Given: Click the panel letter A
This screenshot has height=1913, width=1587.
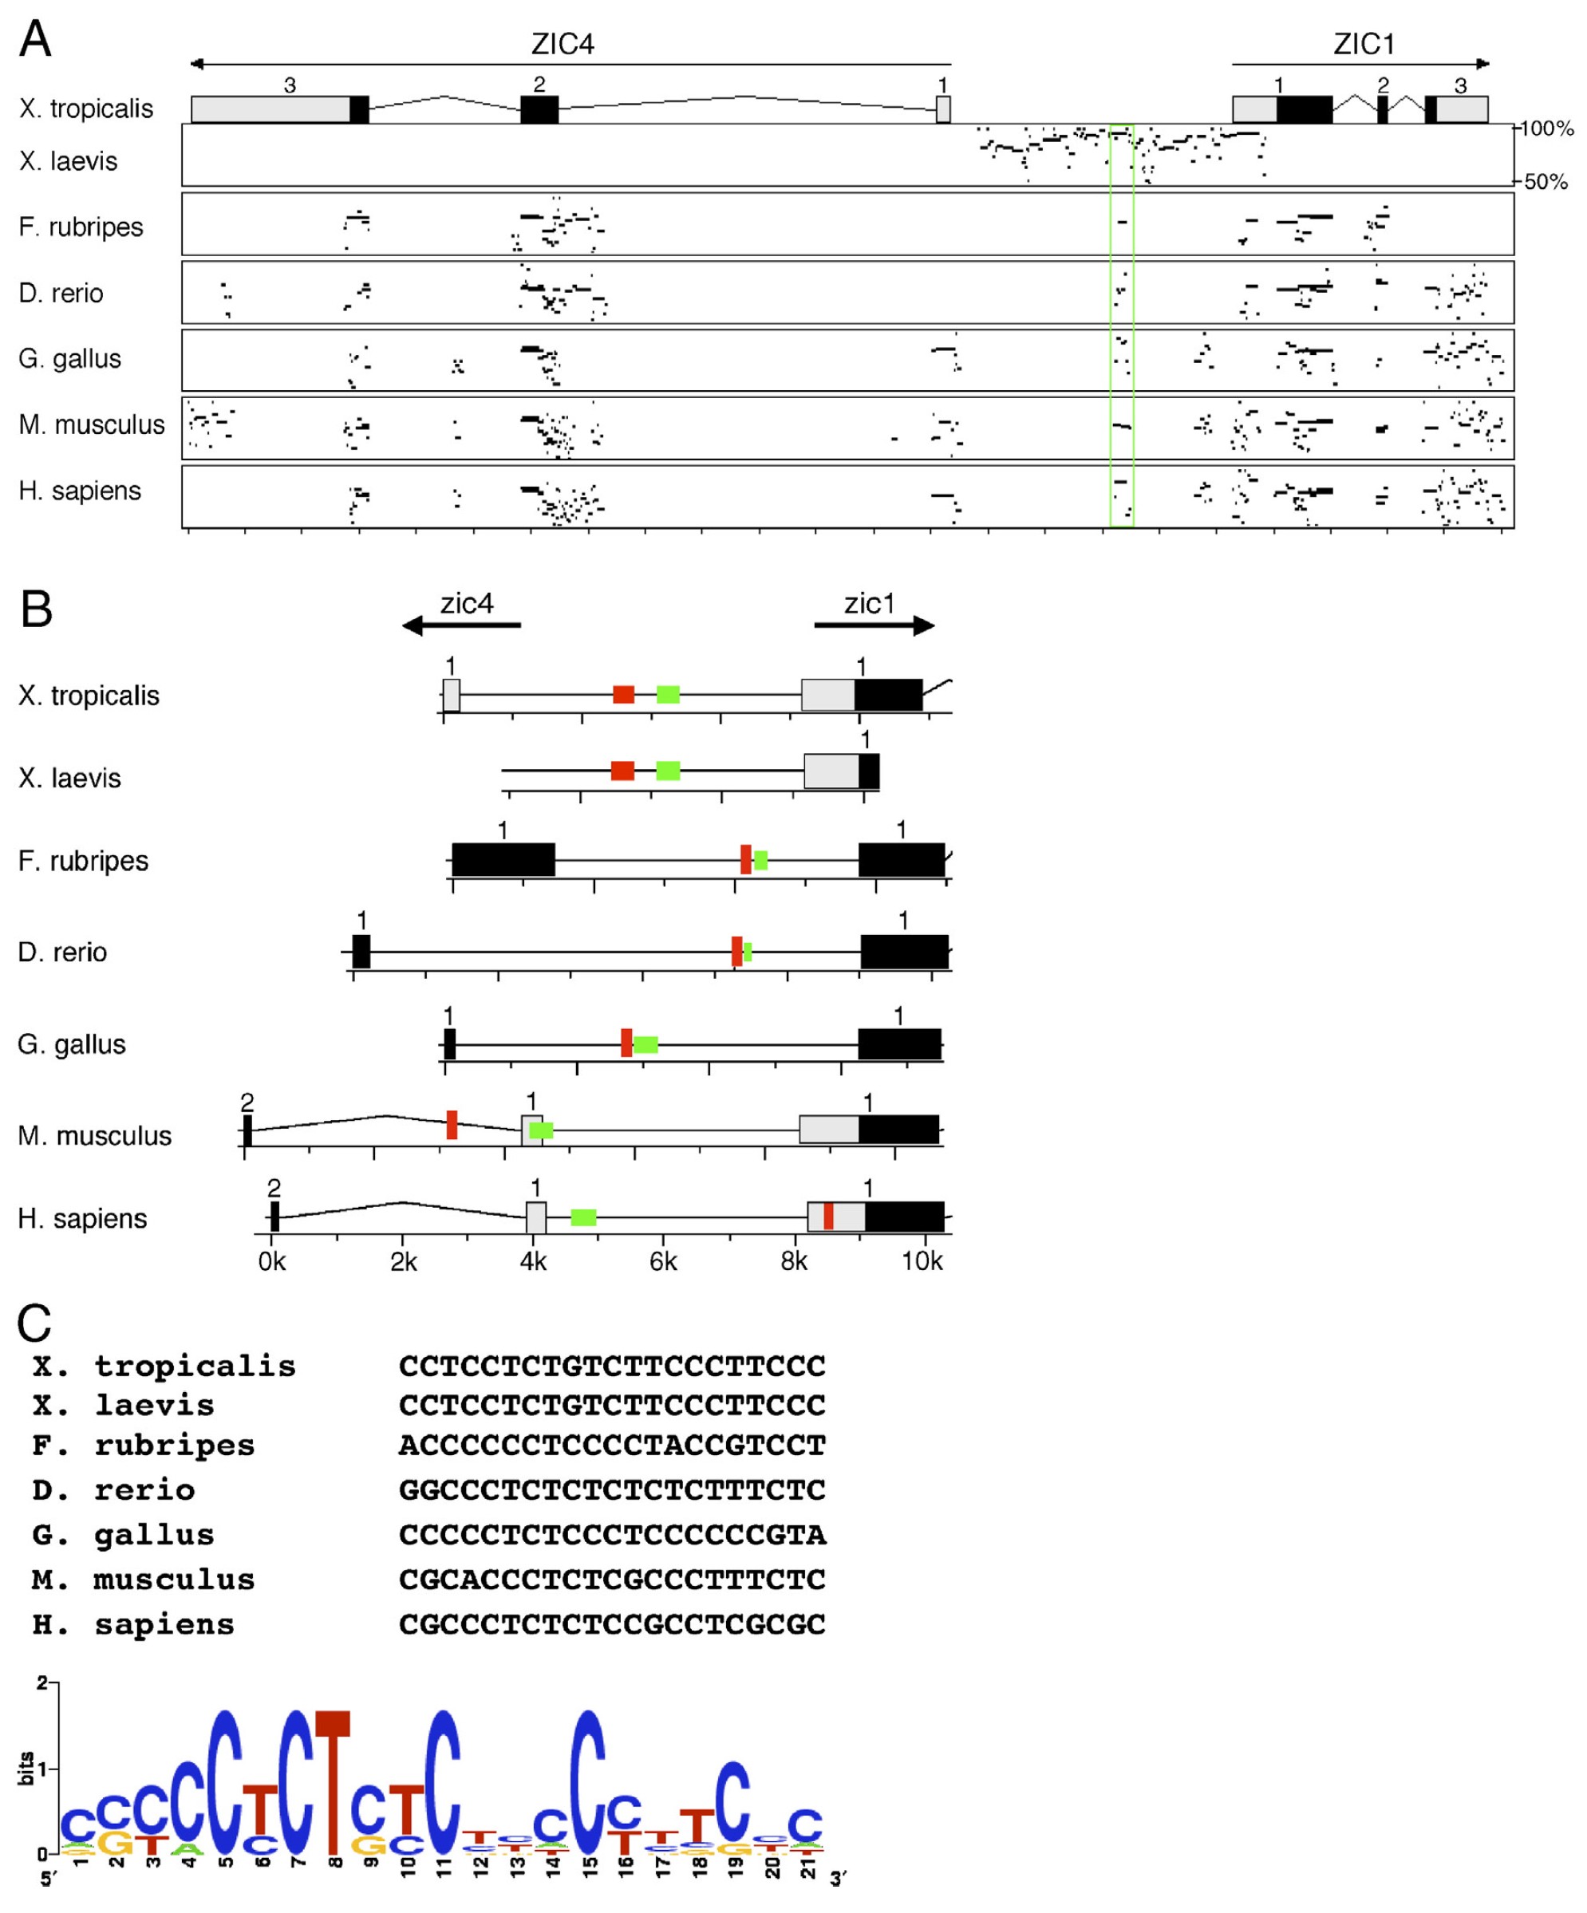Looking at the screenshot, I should pyautogui.click(x=36, y=40).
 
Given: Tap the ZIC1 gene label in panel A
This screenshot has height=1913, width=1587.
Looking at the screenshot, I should pyautogui.click(x=1363, y=44).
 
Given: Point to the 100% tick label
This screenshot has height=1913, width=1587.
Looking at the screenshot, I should pyautogui.click(x=1547, y=128).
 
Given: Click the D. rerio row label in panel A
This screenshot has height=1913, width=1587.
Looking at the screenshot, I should pyautogui.click(x=61, y=294).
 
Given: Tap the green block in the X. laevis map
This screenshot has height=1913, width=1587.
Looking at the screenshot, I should pyautogui.click(x=668, y=771).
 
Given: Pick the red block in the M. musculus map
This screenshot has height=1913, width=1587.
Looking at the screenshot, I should pyautogui.click(x=452, y=1125).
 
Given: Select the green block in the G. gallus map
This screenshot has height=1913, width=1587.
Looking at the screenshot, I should pyautogui.click(x=646, y=1044).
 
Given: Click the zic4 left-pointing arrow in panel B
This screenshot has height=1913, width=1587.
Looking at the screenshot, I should pyautogui.click(x=461, y=625).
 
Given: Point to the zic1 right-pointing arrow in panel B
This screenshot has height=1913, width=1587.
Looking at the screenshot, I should pyautogui.click(x=874, y=625).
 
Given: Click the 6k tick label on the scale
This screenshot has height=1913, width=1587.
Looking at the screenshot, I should pyautogui.click(x=663, y=1262).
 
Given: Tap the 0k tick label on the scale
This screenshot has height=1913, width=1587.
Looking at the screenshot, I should pyautogui.click(x=271, y=1262).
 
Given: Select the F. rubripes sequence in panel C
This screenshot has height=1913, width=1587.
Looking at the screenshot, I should pyautogui.click(x=612, y=1446).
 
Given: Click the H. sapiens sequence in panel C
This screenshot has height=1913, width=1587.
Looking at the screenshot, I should pyautogui.click(x=612, y=1624).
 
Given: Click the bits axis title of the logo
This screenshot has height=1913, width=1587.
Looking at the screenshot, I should pyautogui.click(x=27, y=1768).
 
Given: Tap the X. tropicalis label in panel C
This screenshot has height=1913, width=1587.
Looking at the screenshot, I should pyautogui.click(x=164, y=1367).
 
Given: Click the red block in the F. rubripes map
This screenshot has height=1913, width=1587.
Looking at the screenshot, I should pyautogui.click(x=746, y=860).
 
